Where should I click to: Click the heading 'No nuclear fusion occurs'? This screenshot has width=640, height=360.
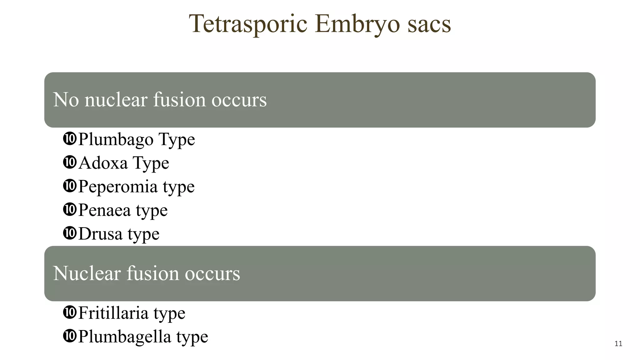[x=160, y=100]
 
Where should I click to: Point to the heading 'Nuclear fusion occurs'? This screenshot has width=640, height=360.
[x=147, y=273]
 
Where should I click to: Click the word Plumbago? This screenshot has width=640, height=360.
[x=116, y=139]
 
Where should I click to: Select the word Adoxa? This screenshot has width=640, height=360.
[x=103, y=163]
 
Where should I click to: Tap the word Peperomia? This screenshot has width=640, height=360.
[x=118, y=187]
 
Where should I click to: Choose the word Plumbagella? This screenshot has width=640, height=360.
[x=125, y=337]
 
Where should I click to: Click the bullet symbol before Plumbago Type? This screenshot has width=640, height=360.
[x=70, y=139]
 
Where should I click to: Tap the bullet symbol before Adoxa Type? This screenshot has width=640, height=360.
[x=70, y=162]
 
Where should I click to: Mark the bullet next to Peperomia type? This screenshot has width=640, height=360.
[x=70, y=186]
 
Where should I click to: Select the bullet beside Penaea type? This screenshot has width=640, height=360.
[x=70, y=210]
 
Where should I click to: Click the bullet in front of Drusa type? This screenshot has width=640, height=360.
[x=70, y=233]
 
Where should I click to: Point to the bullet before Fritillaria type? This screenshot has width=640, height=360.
[x=70, y=312]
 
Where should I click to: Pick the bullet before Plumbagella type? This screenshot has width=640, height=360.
[x=70, y=336]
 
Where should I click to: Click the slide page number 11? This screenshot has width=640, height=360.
[x=618, y=344]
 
